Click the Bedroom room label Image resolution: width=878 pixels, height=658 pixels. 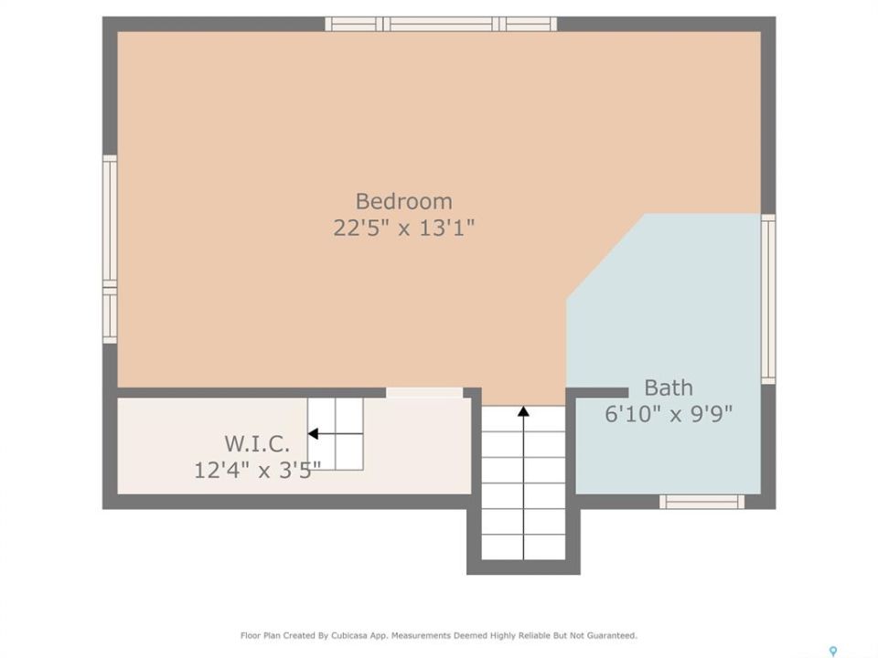tap(403, 201)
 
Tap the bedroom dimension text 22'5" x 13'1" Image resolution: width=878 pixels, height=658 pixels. tap(403, 228)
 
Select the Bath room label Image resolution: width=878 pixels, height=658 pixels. tap(668, 387)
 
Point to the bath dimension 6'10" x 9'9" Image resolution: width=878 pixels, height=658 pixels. tap(669, 414)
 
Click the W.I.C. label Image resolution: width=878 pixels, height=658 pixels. tap(257, 444)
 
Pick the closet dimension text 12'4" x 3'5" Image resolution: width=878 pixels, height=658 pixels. tap(257, 470)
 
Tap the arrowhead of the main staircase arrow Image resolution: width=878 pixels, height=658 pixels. tap(523, 412)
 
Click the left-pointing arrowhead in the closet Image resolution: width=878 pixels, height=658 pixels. tap(313, 433)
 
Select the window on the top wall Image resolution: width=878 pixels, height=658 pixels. tap(441, 24)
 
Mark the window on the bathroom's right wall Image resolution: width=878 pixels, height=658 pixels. tap(768, 299)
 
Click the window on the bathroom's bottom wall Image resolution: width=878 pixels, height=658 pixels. tap(702, 502)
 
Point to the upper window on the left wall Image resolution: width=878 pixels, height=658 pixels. tap(110, 221)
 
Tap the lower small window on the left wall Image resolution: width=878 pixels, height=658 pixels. tap(110, 315)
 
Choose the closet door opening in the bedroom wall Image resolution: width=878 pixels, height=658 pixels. tap(424, 392)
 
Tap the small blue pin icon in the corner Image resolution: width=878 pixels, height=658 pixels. tap(833, 652)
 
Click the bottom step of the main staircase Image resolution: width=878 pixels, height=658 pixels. tap(523, 547)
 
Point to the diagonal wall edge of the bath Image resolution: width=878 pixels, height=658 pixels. tap(605, 256)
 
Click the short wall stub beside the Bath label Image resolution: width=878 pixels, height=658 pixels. tap(597, 392)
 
